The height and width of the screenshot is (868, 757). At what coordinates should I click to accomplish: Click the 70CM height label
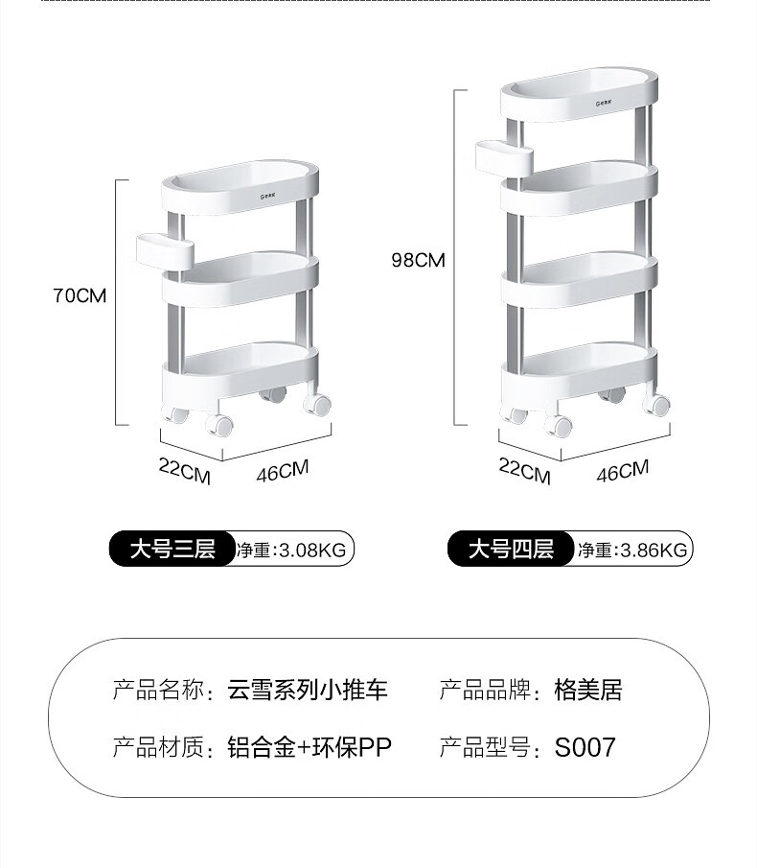pyautogui.click(x=80, y=295)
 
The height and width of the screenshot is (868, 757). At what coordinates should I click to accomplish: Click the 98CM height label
pyautogui.click(x=419, y=258)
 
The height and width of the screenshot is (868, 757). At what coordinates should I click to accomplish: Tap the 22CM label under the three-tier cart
pyautogui.click(x=184, y=471)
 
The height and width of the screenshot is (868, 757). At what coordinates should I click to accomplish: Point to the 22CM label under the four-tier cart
pyautogui.click(x=524, y=472)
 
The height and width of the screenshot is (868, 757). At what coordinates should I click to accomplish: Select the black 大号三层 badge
pyautogui.click(x=172, y=550)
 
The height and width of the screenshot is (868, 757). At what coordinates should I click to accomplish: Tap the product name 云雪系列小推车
pyautogui.click(x=308, y=690)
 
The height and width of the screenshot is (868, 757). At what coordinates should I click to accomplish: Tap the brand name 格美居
pyautogui.click(x=588, y=690)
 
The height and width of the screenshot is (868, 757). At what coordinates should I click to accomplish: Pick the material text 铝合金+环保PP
pyautogui.click(x=310, y=747)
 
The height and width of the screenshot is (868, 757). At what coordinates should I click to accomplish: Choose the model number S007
pyautogui.click(x=585, y=747)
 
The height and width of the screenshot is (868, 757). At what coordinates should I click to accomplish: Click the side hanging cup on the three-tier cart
pyautogui.click(x=166, y=248)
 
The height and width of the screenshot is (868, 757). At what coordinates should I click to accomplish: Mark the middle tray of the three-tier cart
pyautogui.click(x=240, y=278)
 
